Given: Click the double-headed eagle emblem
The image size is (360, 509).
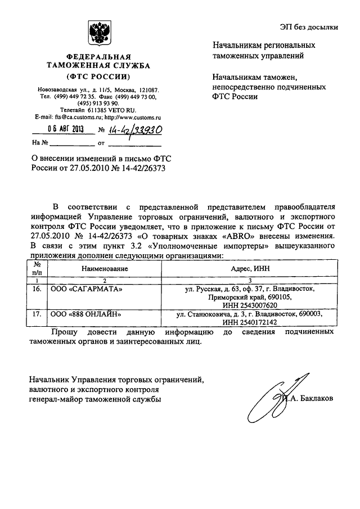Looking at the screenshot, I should pyautogui.click(x=98, y=34).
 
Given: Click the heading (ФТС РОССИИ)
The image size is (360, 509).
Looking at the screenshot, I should pyautogui.click(x=98, y=75).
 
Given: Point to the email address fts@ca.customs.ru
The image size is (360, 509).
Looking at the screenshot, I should pyautogui.click(x=76, y=117).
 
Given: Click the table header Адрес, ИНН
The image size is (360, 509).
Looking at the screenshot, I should pyautogui.click(x=250, y=269).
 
